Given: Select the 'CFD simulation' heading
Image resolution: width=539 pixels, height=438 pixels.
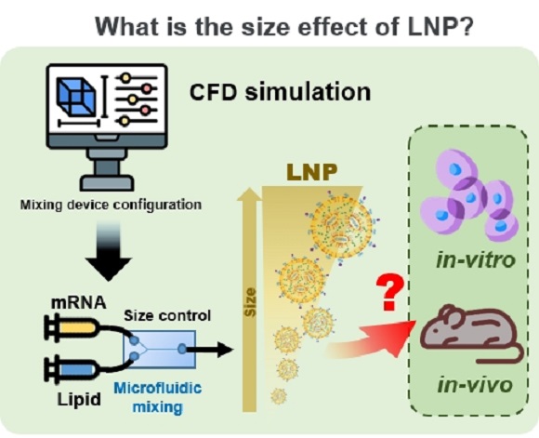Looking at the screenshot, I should [280, 92].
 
